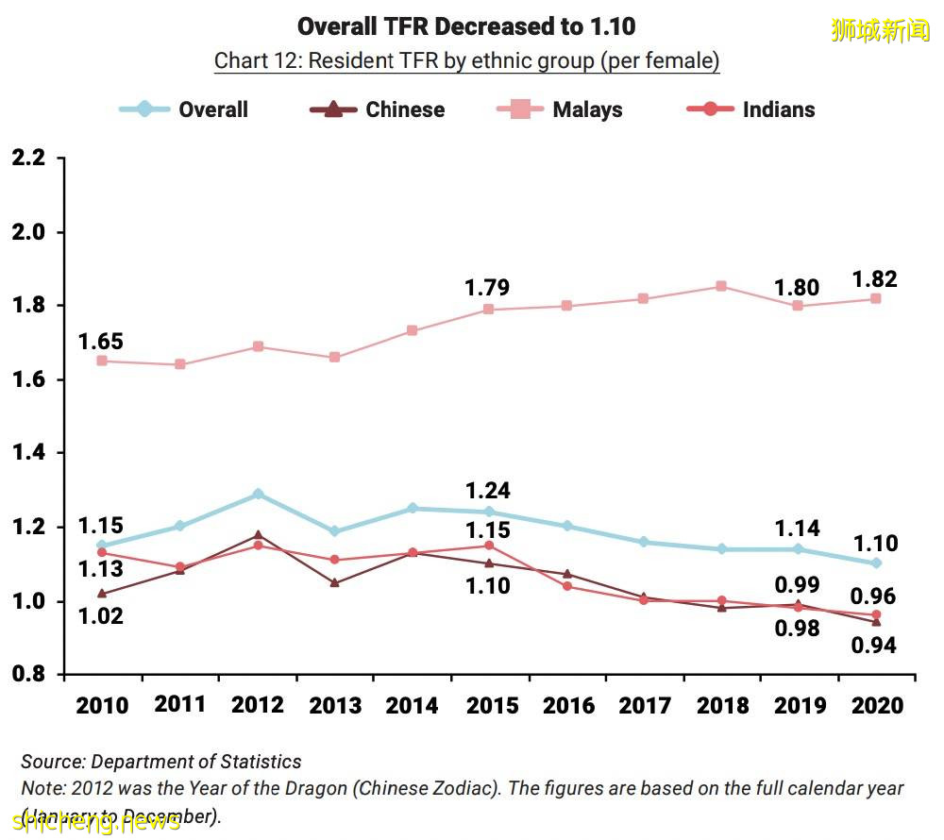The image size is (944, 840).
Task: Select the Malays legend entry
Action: click(x=559, y=109)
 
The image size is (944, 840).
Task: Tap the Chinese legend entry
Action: click(x=377, y=109)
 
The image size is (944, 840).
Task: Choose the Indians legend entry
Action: click(x=750, y=109)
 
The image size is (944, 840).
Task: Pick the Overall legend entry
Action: click(x=184, y=109)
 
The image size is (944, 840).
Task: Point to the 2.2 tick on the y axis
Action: click(x=28, y=159)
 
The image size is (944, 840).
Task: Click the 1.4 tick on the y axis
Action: click(x=28, y=454)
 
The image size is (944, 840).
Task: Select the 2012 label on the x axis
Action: click(x=257, y=705)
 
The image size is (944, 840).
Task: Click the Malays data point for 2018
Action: click(x=720, y=286)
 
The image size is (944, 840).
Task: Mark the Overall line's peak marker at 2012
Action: click(x=257, y=494)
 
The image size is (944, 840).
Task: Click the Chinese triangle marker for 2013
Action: click(x=334, y=582)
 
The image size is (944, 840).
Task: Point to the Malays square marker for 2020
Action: click(x=875, y=298)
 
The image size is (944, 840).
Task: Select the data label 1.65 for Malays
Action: click(x=101, y=342)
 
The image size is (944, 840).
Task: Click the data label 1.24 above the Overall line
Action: click(x=488, y=491)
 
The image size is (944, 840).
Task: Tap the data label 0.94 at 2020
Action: click(x=873, y=646)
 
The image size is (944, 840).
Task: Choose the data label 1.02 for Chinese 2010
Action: click(x=100, y=616)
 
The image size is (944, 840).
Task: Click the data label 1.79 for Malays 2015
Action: click(x=487, y=288)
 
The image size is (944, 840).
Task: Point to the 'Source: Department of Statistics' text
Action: click(x=161, y=762)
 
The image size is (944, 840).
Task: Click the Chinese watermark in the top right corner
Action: click(x=880, y=30)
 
